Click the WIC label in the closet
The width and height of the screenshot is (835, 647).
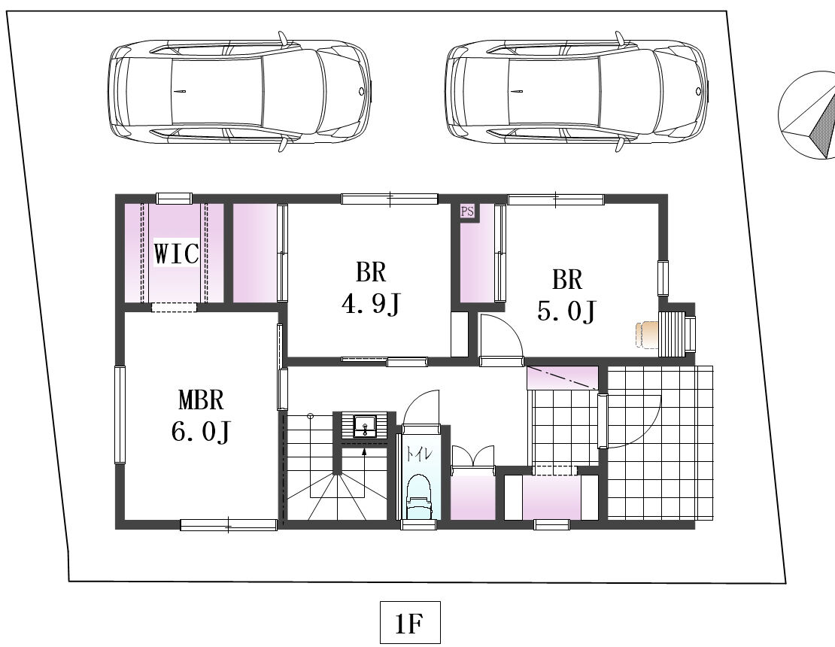[x=176, y=254]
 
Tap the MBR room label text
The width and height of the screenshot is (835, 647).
[x=201, y=399]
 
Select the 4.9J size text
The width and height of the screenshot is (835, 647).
[x=371, y=304]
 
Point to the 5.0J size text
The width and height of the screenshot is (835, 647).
[x=566, y=311]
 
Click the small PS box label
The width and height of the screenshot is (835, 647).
[x=467, y=211]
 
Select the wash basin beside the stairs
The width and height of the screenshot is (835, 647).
[x=364, y=426]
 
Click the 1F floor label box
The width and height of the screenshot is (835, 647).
[x=410, y=622]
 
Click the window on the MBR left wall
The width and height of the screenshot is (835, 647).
[x=120, y=415]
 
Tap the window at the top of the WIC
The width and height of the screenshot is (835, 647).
[x=174, y=198]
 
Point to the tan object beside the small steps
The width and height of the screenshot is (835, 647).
[x=646, y=335]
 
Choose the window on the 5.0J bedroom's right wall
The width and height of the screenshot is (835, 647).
[x=663, y=278]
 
